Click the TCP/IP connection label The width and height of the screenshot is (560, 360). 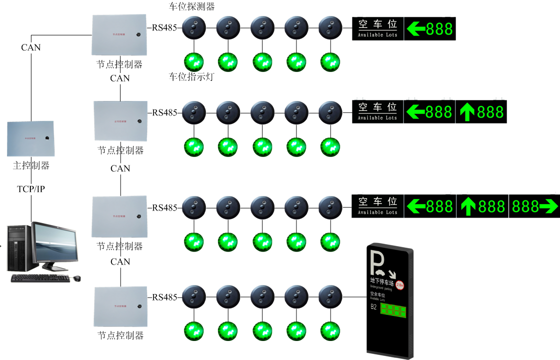tap(31, 189)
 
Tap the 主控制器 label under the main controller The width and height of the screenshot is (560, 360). tap(31, 165)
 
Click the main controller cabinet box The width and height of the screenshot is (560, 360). tap(30, 138)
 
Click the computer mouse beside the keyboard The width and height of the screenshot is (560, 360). tap(76, 278)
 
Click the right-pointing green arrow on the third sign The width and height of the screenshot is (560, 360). tap(548, 206)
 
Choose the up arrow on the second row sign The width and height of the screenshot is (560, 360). tap(466, 112)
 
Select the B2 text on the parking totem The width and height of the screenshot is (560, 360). tap(373, 306)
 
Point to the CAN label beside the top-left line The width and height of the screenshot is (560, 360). tap(31, 47)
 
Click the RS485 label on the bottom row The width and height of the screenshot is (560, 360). tap(164, 297)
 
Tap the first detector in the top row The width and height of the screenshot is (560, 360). tap(194, 27)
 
